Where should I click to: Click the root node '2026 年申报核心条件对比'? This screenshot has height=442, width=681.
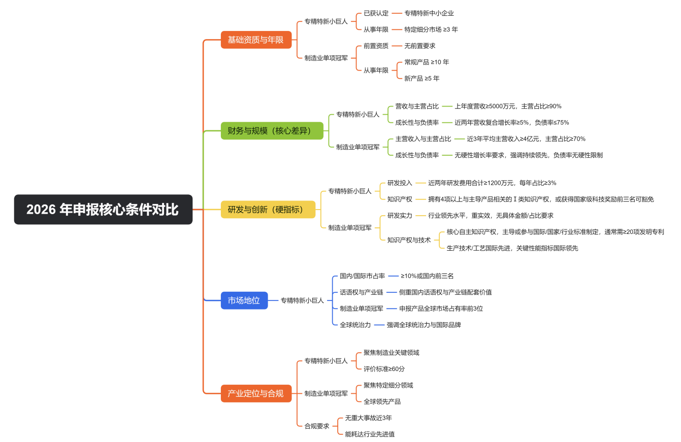103,209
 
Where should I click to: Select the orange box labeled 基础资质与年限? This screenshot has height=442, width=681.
256,40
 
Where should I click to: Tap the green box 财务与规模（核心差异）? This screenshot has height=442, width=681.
272,131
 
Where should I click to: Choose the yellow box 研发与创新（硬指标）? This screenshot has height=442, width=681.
268,209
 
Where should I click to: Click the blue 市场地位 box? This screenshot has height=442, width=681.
244,300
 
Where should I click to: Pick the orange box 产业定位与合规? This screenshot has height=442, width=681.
256,393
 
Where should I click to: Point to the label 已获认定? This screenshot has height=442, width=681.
376,13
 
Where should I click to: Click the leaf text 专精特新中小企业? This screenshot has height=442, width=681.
429,13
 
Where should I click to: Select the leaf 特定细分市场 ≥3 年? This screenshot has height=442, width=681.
431,29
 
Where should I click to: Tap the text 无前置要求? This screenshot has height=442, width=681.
420,46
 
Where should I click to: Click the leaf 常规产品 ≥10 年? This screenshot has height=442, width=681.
427,62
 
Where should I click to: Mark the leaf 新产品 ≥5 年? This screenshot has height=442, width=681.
422,78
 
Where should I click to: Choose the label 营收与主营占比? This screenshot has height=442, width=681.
417,106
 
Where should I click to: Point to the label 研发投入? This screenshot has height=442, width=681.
400,183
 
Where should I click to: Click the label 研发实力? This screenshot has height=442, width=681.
400,215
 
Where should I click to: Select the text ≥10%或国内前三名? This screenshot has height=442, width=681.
427,276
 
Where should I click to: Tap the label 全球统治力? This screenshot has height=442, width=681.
355,325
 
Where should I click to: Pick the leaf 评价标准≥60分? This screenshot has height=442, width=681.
384,369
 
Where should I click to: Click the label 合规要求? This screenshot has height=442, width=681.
317,426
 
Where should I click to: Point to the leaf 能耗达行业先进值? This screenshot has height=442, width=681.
370,434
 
